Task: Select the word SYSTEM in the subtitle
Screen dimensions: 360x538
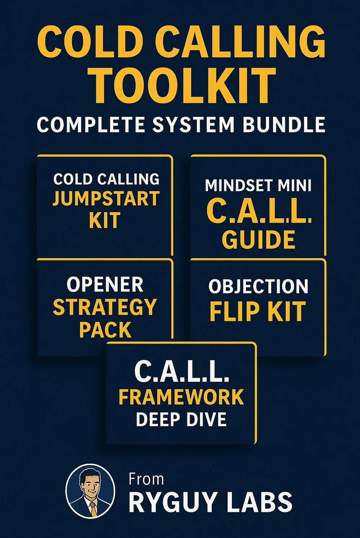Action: tap(193, 125)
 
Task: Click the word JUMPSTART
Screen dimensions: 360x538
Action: tap(106, 199)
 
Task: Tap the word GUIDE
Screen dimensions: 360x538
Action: tap(258, 240)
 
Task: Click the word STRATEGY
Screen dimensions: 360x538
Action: tap(105, 307)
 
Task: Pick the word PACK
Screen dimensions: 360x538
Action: tap(105, 330)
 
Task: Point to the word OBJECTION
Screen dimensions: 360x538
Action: tap(258, 287)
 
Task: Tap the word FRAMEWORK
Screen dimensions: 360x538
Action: tap(181, 397)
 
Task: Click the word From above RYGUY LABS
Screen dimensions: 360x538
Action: tap(146, 480)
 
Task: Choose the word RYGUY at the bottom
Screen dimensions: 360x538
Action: tap(170, 502)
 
